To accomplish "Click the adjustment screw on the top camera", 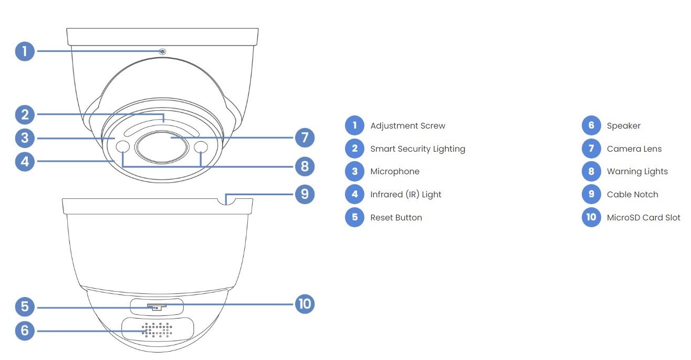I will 163,51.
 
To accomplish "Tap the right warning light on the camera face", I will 201,147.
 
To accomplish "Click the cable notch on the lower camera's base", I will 225,200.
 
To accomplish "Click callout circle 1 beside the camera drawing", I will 25,51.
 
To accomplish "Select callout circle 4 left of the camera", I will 25,161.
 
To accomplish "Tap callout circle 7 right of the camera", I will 305,138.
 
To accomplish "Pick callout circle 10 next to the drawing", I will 305,303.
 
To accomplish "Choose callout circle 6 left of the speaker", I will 25,331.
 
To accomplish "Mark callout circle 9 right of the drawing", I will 305,194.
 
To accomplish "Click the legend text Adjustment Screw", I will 407,126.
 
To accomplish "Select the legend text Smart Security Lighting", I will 417,149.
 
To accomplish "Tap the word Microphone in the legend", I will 395,172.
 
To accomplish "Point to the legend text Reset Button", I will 396,217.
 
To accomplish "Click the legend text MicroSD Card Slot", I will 643,217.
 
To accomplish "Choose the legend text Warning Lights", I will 637,172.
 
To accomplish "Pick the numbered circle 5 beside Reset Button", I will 354,217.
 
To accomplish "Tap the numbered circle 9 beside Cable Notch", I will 591,194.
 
